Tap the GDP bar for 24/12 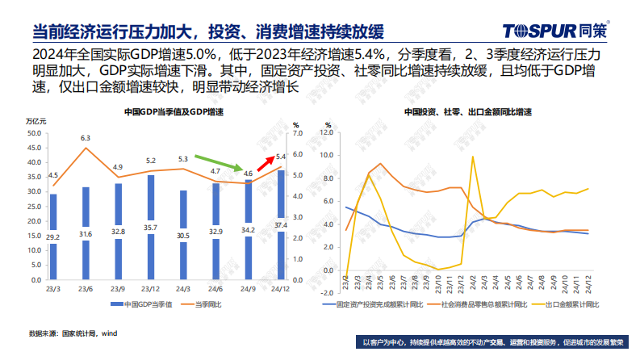(281, 222)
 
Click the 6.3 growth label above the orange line (86, 138)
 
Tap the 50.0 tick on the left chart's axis (36, 133)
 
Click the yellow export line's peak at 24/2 (473, 157)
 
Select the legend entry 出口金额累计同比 (570, 305)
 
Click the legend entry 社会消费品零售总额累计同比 (482, 305)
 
